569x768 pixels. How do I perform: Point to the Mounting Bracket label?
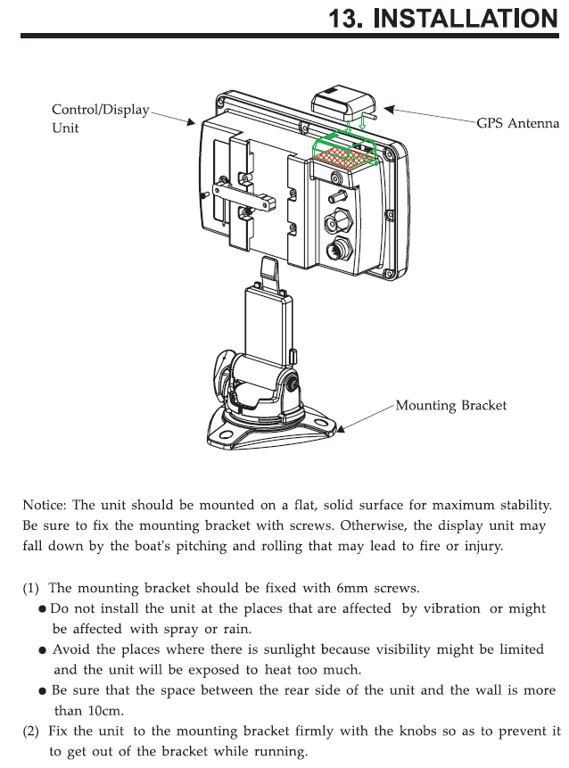point(450,405)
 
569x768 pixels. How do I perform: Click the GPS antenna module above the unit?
point(337,103)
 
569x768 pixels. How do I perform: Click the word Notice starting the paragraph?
point(45,505)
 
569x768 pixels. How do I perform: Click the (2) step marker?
point(32,731)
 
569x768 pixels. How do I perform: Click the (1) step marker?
point(32,588)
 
